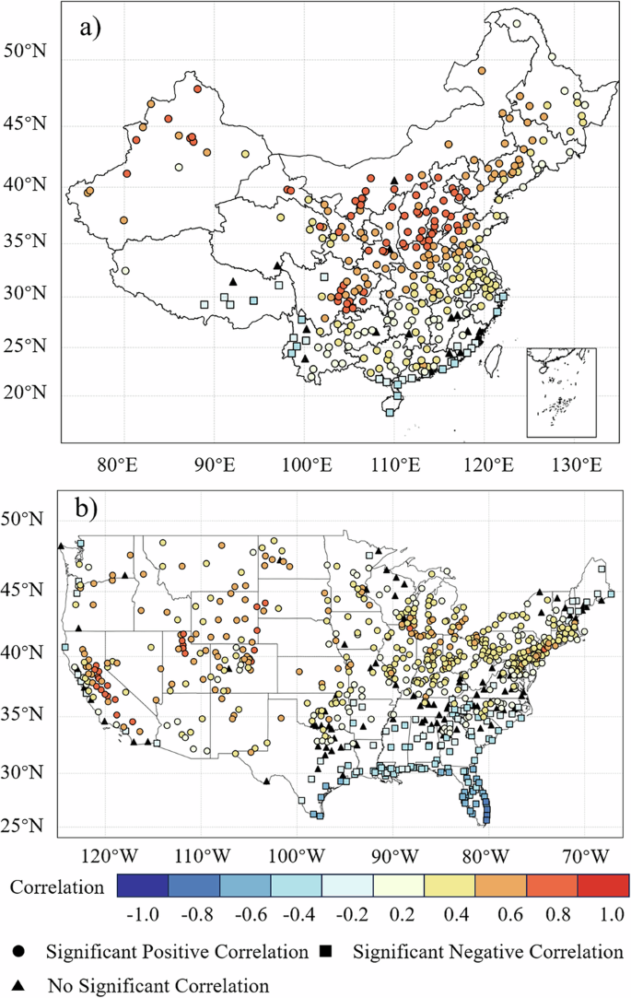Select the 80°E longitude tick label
pos(124,463)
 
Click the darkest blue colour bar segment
pos(144,886)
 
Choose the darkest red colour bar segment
pos(602,886)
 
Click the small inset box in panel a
pos(561,392)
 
